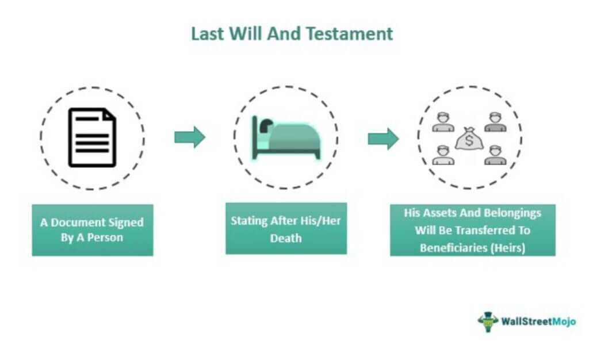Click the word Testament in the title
click(349, 34)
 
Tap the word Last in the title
click(208, 34)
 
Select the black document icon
click(92, 137)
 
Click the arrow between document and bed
click(190, 137)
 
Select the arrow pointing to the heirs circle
click(383, 139)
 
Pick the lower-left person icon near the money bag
click(443, 155)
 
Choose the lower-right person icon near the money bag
click(495, 155)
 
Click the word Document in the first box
click(78, 222)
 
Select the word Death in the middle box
click(286, 238)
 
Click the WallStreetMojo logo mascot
click(488, 321)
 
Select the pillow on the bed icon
click(266, 125)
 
